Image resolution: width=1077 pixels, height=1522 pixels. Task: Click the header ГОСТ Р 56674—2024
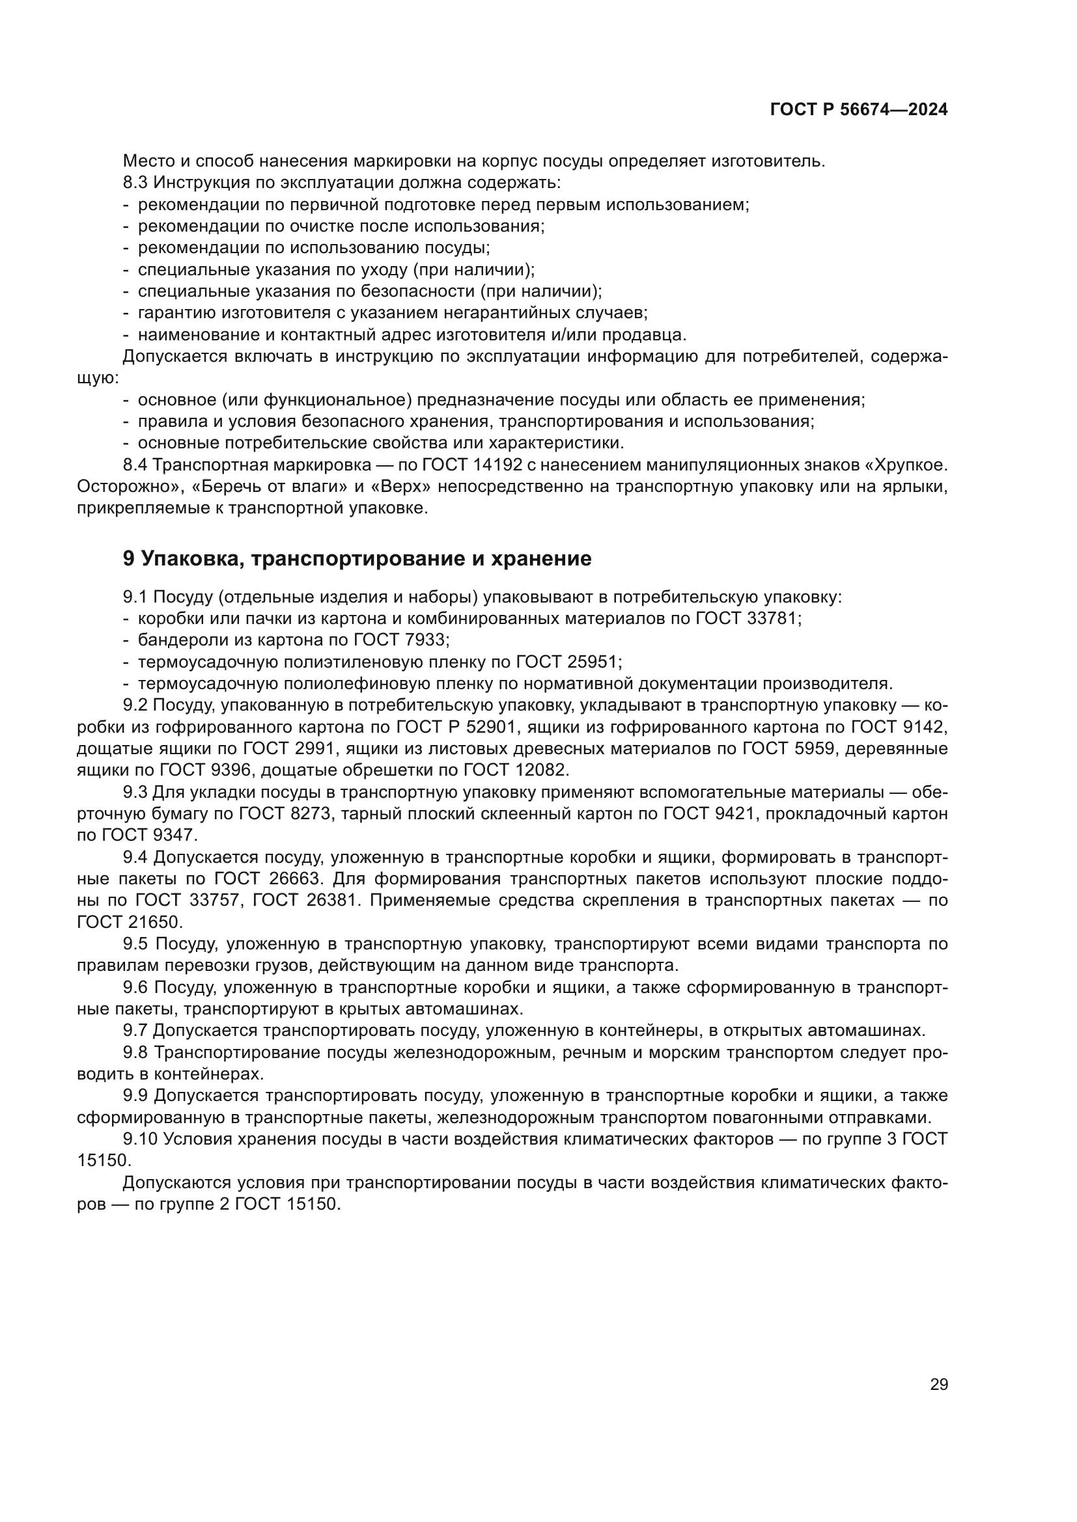pyautogui.click(x=858, y=110)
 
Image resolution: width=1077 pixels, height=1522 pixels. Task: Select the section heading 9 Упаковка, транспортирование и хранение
pyautogui.click(x=357, y=559)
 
